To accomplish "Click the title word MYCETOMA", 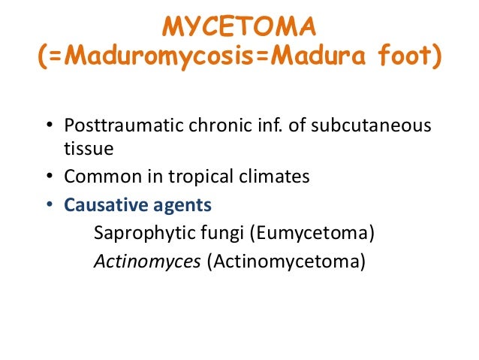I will pos(239,28).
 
